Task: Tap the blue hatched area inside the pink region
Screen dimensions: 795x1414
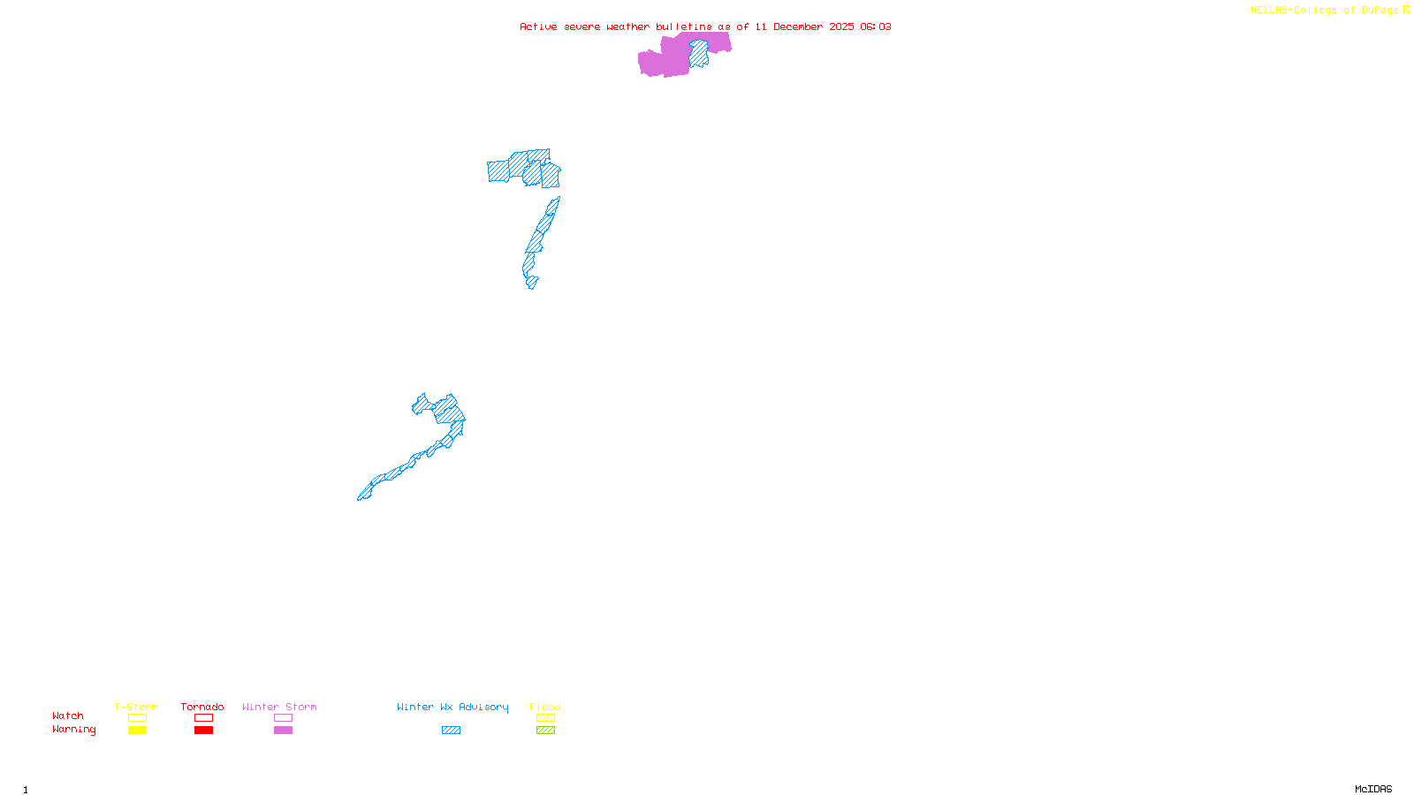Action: [698, 55]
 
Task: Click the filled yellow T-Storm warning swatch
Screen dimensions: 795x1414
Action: [137, 731]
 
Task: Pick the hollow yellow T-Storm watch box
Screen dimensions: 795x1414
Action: [137, 718]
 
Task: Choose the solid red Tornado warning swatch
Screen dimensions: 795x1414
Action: [203, 731]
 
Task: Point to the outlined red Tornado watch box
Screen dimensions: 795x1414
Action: [203, 718]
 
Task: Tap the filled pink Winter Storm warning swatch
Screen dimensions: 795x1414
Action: [283, 731]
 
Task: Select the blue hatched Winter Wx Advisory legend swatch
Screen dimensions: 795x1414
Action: [451, 731]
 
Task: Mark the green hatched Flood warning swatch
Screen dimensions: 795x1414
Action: [545, 731]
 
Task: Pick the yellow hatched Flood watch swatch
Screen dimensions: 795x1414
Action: [545, 718]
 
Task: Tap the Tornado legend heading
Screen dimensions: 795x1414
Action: [202, 707]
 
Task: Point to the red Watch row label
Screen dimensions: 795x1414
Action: [68, 716]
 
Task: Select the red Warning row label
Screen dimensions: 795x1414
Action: [74, 730]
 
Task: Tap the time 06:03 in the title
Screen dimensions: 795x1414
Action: [876, 26]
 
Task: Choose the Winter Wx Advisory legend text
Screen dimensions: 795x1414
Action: [452, 707]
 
